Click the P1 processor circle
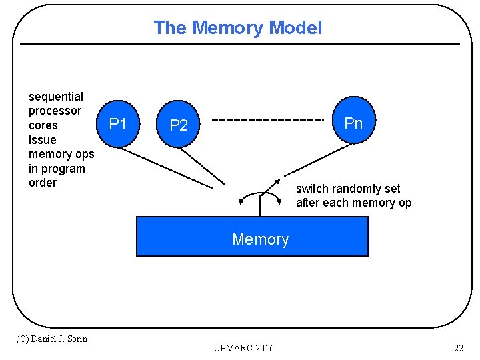(x=118, y=124)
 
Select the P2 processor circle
(x=179, y=125)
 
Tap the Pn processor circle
(x=353, y=123)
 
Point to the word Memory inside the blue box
(x=260, y=239)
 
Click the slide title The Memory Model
(x=238, y=28)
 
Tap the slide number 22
(x=458, y=348)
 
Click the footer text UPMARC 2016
(x=243, y=348)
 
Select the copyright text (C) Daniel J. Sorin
(x=51, y=339)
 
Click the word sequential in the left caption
(x=56, y=97)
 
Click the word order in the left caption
(x=43, y=183)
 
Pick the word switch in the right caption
(x=312, y=189)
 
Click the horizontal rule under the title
(x=240, y=45)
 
